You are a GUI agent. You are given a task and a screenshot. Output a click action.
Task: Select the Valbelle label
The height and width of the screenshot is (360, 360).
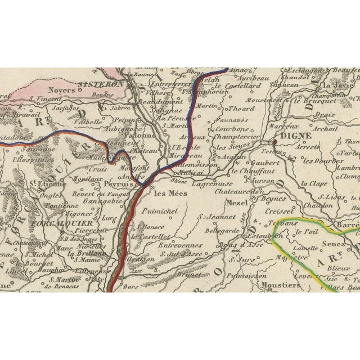pos(89,120)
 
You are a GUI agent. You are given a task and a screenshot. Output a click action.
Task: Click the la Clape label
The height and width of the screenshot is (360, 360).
pos(313,184)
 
